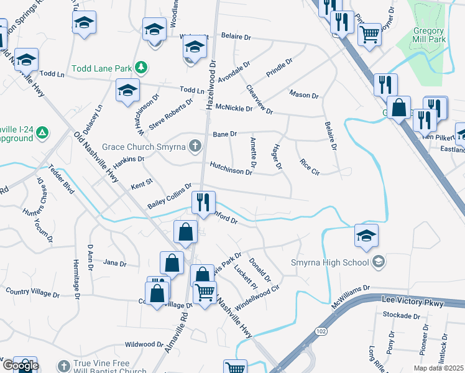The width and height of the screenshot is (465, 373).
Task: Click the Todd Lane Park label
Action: (x=103, y=68)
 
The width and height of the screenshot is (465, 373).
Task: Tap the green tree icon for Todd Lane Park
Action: (x=142, y=67)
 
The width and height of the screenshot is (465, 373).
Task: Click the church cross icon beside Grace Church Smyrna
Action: (x=195, y=147)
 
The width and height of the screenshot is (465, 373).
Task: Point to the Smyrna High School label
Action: (x=330, y=262)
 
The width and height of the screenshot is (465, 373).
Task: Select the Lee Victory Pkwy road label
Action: (x=411, y=304)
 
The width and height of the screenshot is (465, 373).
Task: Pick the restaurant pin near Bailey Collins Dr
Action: (x=203, y=202)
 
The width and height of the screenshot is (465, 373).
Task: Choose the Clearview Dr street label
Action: (x=260, y=99)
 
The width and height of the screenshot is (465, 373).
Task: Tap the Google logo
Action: (x=21, y=366)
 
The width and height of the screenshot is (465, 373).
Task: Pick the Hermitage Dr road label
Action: (x=77, y=279)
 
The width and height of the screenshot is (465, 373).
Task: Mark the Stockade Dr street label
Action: (x=401, y=316)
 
